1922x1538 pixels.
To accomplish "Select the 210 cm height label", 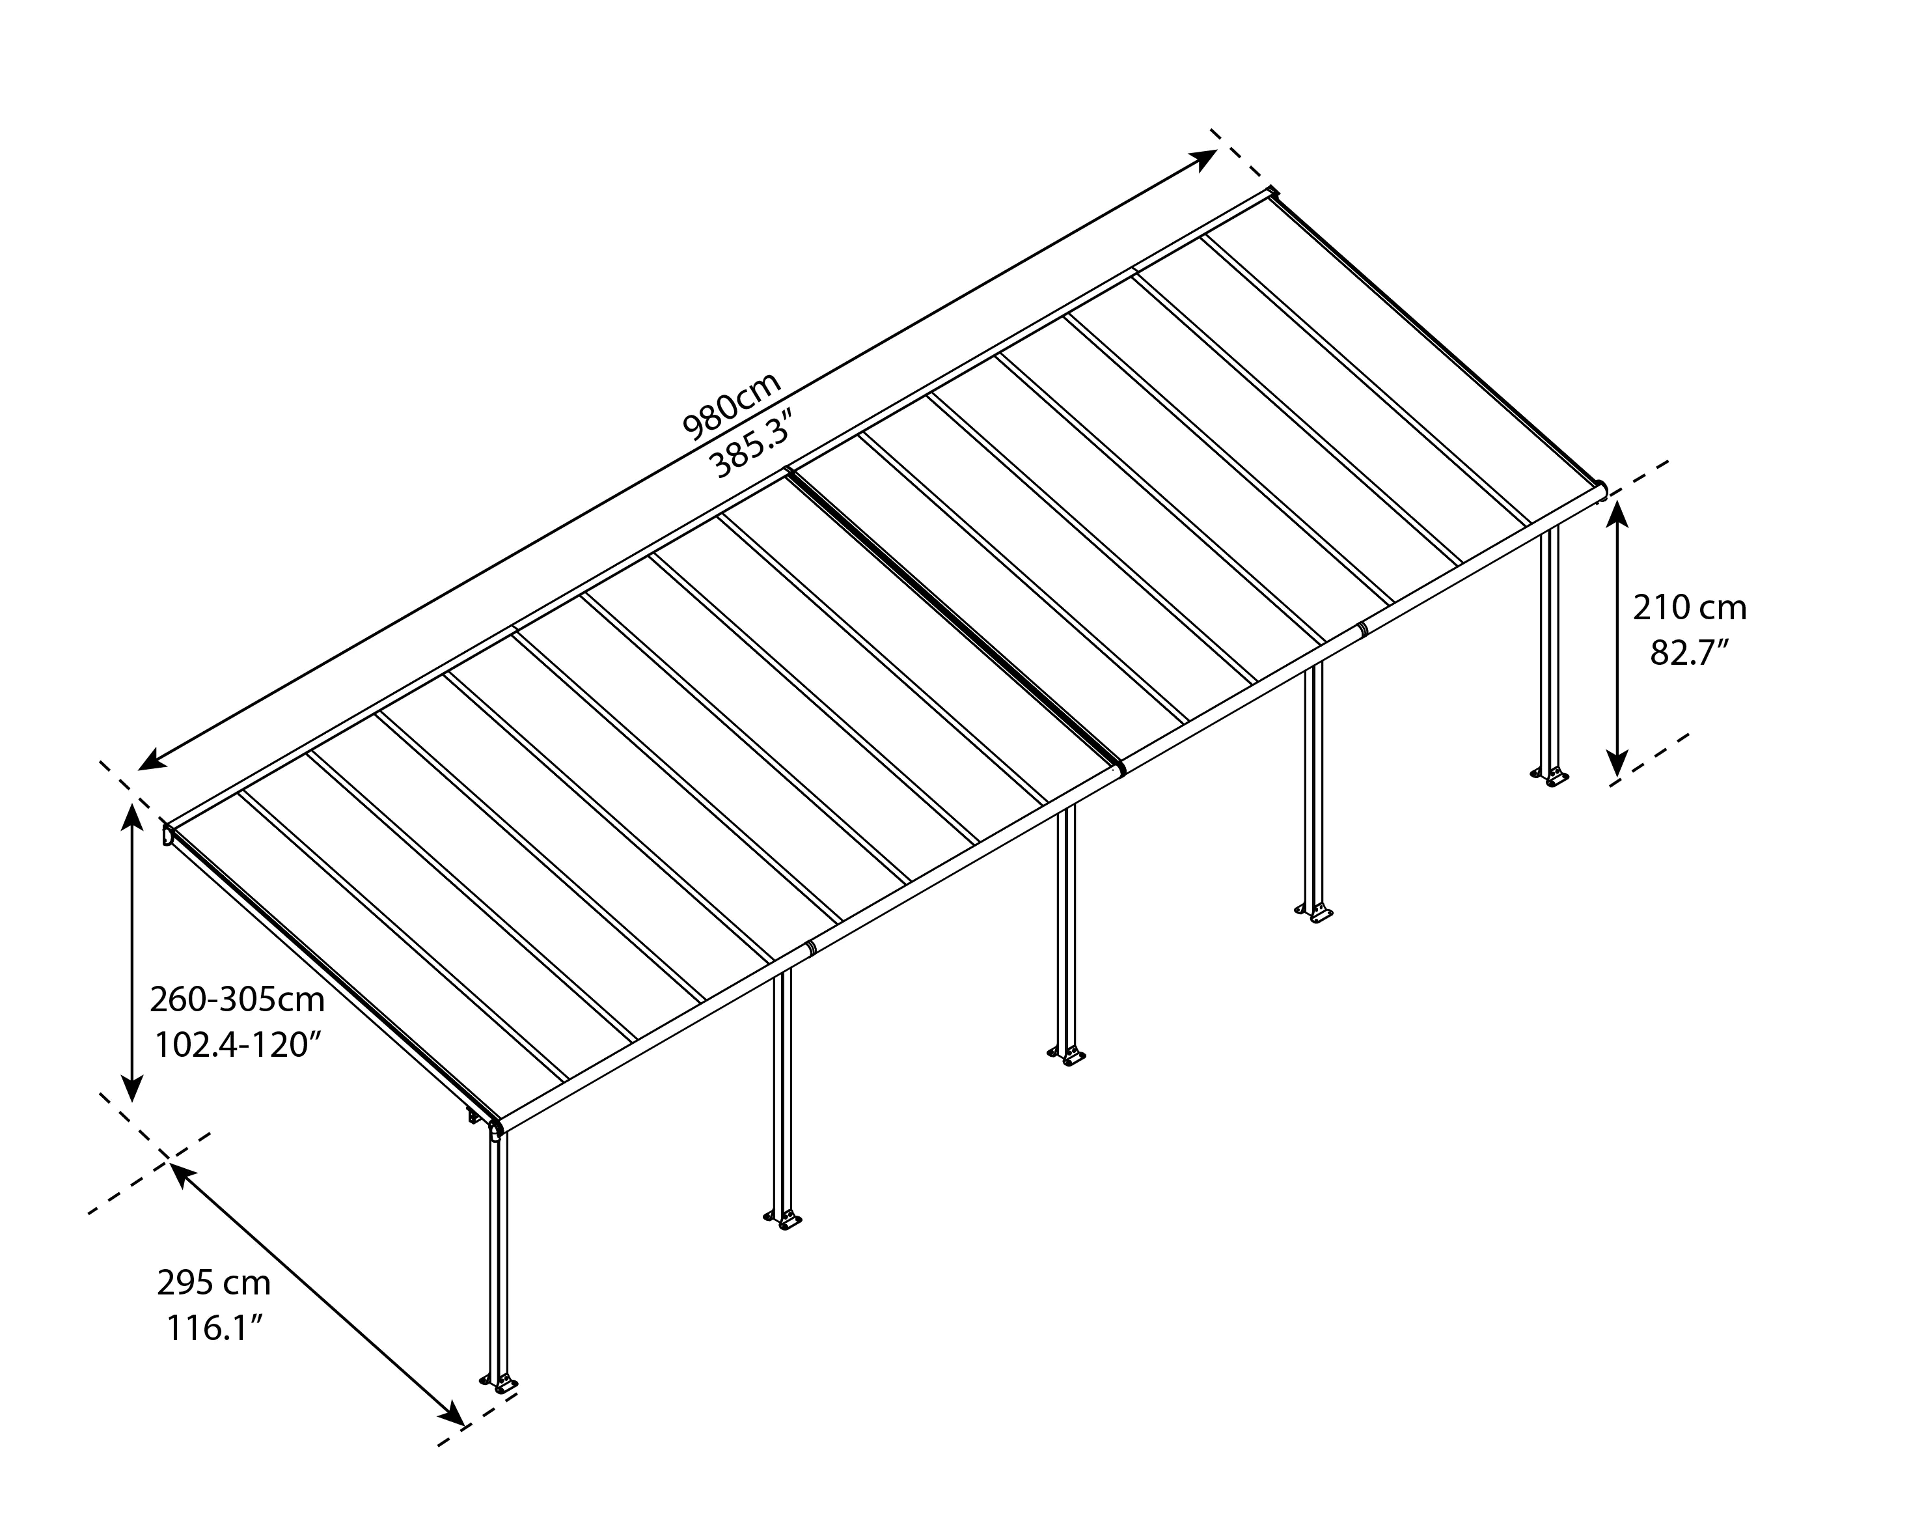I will tap(1690, 608).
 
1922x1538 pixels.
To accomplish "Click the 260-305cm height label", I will tap(236, 1000).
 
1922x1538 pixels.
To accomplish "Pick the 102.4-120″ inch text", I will tap(236, 1045).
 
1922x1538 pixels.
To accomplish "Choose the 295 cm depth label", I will tap(214, 1283).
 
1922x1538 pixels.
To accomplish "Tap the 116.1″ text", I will tap(214, 1328).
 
